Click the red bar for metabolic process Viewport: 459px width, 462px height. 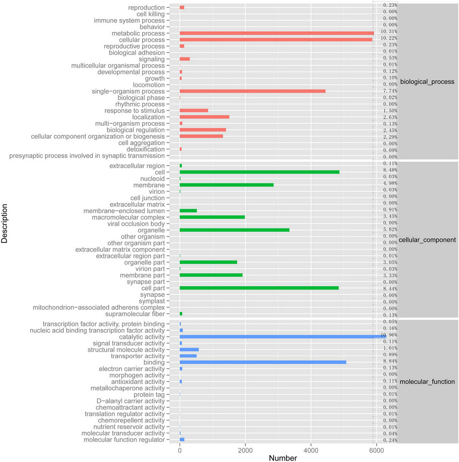click(x=276, y=33)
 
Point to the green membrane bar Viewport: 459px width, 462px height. click(x=226, y=185)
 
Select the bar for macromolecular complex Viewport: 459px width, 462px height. click(x=212, y=217)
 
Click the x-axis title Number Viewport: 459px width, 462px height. click(x=283, y=458)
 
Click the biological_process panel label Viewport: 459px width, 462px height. click(x=427, y=82)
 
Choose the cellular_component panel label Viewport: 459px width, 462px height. click(x=427, y=240)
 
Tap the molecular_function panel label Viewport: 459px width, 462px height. click(x=427, y=382)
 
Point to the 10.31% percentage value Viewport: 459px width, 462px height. click(x=390, y=31)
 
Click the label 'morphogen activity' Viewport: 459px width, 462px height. click(x=136, y=375)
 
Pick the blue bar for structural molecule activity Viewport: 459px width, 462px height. click(x=189, y=349)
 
